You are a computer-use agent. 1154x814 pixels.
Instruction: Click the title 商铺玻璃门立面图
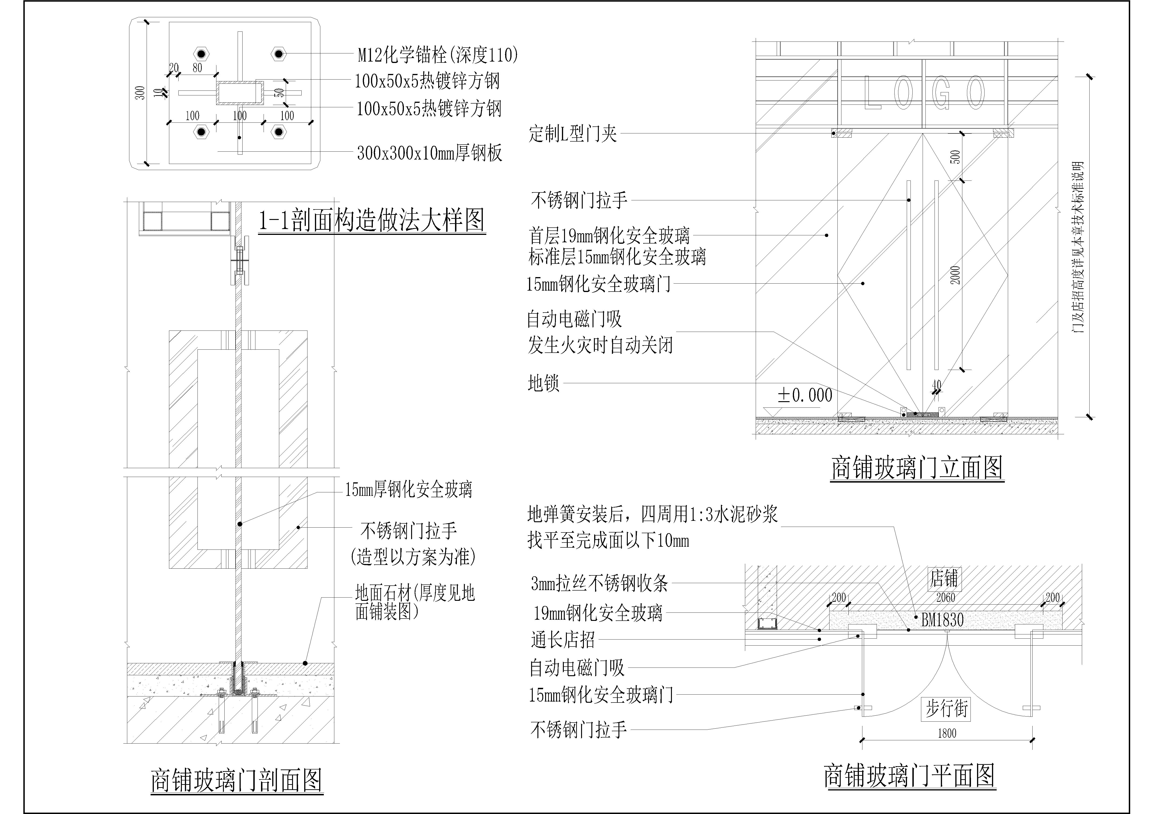917,468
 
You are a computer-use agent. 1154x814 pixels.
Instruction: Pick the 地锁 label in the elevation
543,383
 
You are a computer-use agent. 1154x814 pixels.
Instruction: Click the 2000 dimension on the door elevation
956,275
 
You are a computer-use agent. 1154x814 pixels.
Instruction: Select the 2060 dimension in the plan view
946,598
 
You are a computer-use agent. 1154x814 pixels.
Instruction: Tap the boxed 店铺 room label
943,578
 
